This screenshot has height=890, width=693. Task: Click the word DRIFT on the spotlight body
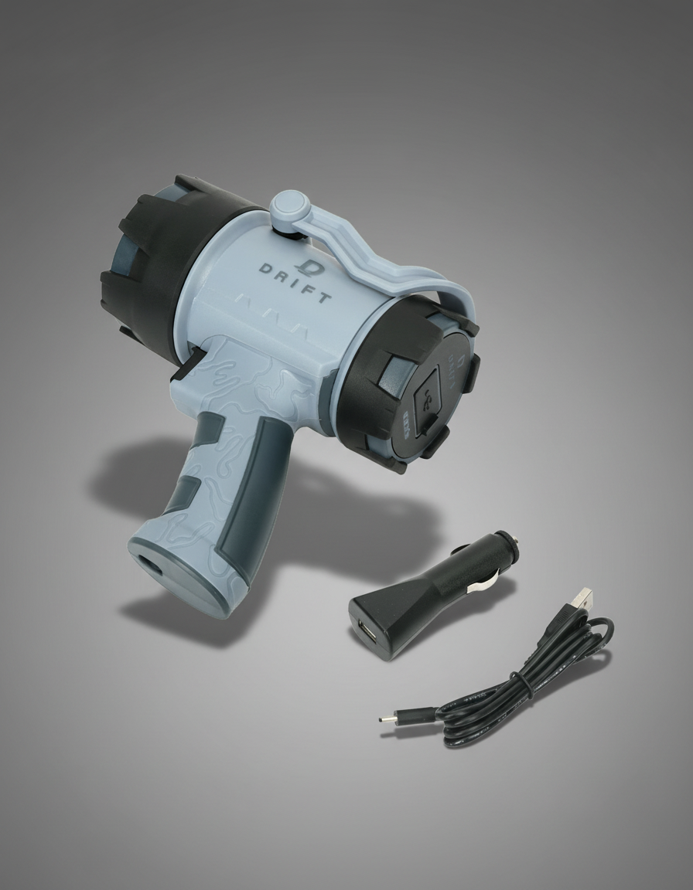click(295, 284)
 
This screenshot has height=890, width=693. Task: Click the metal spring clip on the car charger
click(480, 583)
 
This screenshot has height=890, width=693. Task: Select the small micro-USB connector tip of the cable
click(384, 718)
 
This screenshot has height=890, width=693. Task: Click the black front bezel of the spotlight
click(147, 263)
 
